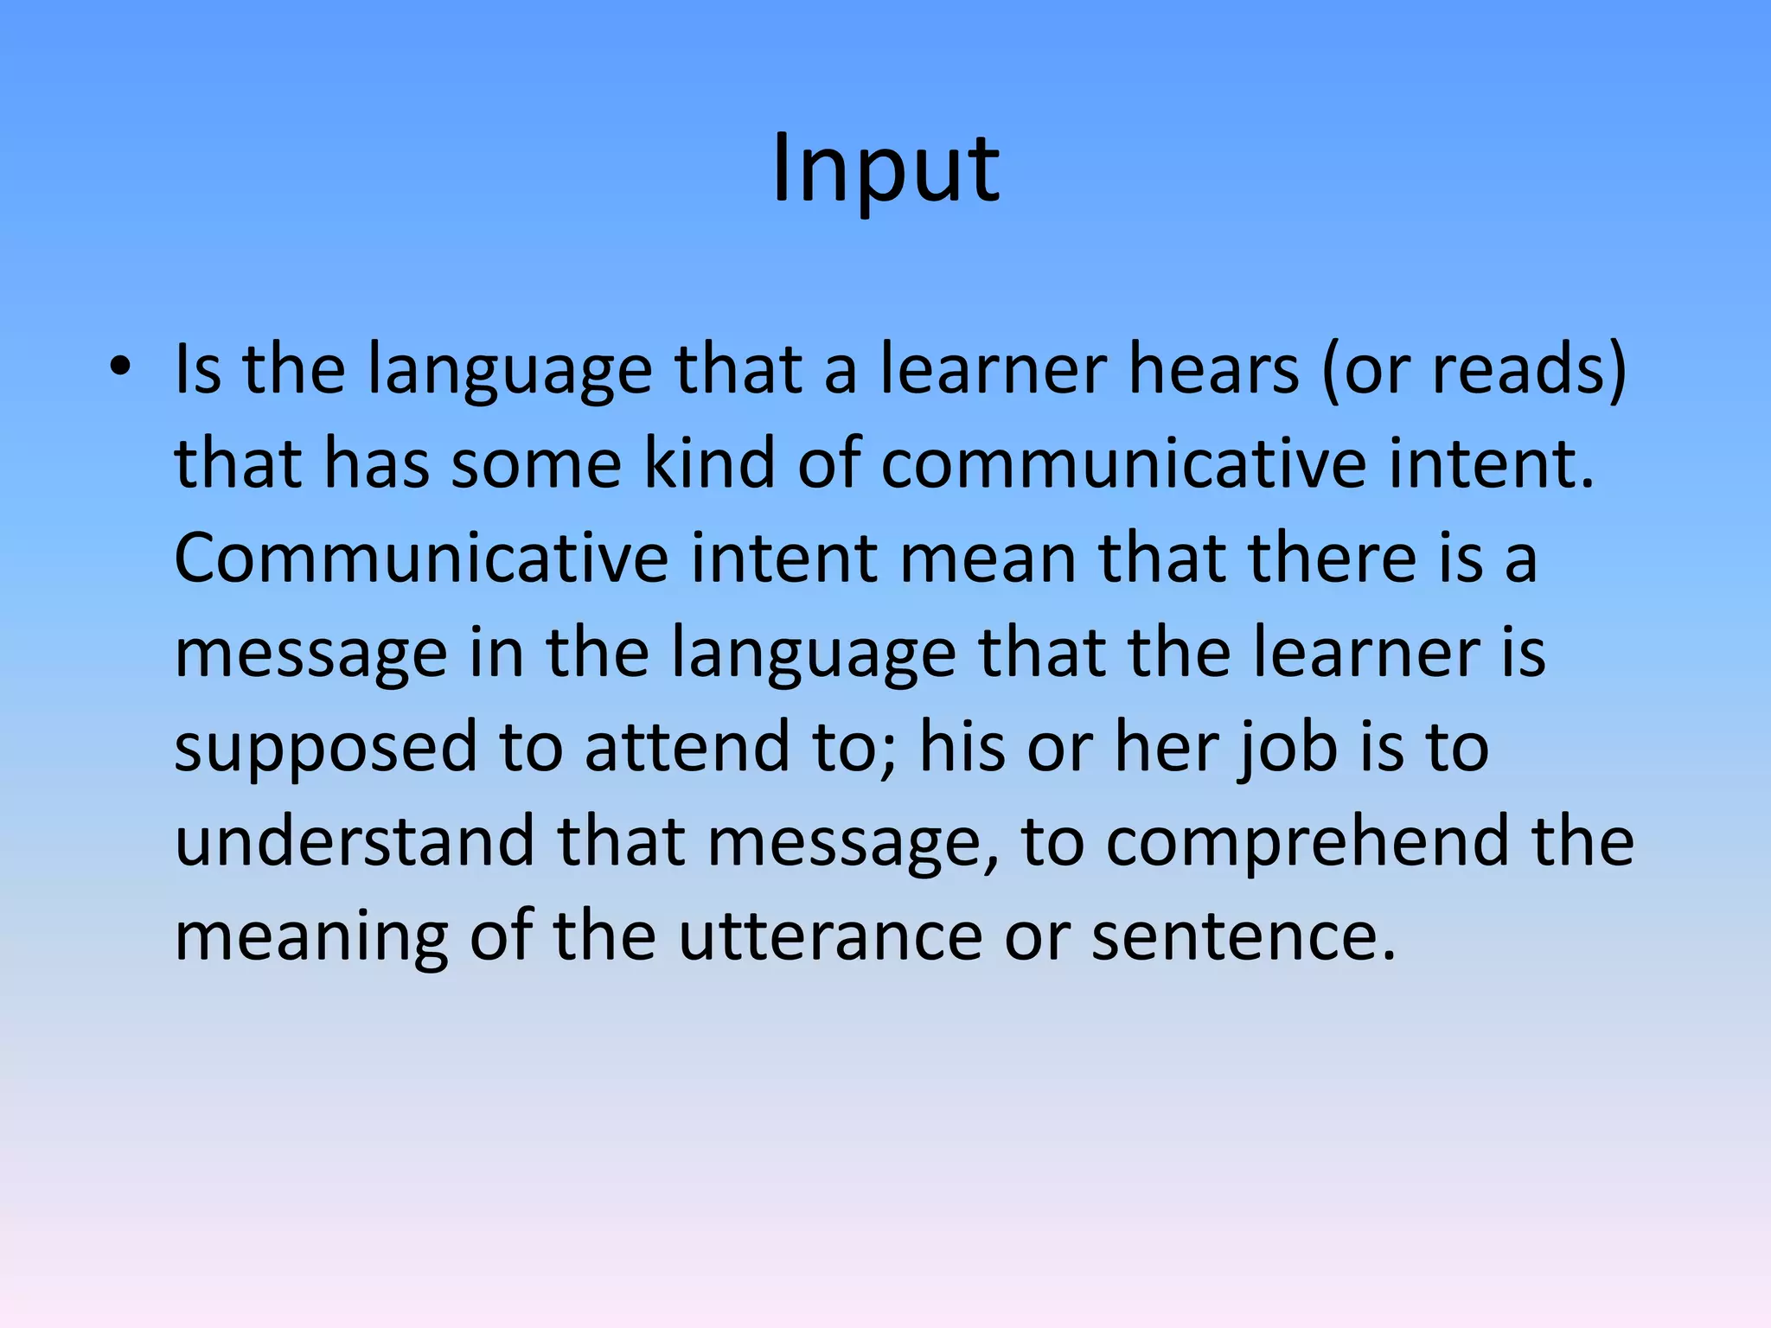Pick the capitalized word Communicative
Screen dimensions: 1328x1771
pos(421,559)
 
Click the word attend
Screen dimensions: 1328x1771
pos(687,747)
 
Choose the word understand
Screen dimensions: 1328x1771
pos(355,841)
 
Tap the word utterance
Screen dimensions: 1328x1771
pos(830,935)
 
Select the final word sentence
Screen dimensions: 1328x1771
pos(1244,935)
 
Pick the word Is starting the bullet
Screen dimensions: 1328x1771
pos(198,369)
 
